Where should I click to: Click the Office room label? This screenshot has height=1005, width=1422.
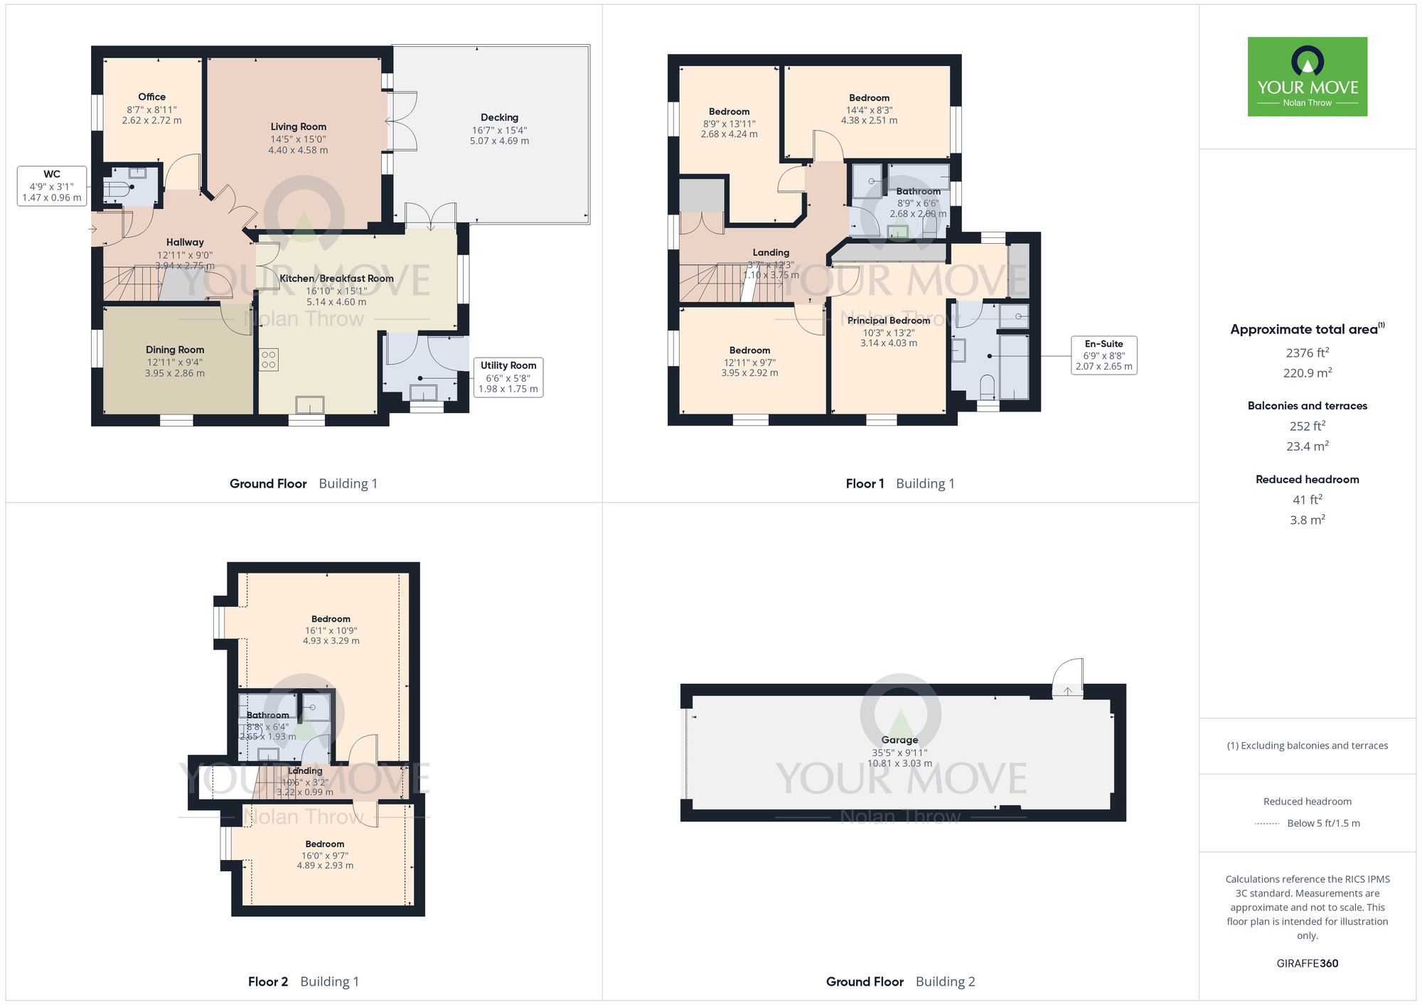[151, 97]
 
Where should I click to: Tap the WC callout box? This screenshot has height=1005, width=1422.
[52, 186]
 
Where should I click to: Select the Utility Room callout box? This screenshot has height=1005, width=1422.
[508, 377]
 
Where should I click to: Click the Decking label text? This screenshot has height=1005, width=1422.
[499, 117]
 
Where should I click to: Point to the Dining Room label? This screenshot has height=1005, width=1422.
[175, 350]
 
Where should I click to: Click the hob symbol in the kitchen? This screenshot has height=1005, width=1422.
[269, 360]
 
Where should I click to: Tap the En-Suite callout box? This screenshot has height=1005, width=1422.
[1103, 355]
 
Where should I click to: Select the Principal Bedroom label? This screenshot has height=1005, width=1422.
[888, 321]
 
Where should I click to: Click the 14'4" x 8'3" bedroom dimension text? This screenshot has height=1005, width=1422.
[869, 110]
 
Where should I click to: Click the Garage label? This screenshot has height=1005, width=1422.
[899, 740]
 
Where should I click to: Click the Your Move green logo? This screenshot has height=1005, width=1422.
[1307, 77]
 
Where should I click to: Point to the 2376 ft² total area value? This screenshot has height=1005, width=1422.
[1307, 353]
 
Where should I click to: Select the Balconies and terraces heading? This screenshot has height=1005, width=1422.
[1307, 406]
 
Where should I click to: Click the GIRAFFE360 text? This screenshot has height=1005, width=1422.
[1307, 964]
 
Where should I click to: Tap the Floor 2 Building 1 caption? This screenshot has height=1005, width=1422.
[304, 982]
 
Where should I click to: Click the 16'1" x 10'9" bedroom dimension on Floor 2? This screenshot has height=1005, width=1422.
[331, 630]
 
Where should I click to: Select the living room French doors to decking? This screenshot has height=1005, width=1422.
[402, 121]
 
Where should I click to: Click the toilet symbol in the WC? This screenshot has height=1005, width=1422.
[116, 189]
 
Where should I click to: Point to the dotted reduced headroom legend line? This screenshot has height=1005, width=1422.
[1267, 824]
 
